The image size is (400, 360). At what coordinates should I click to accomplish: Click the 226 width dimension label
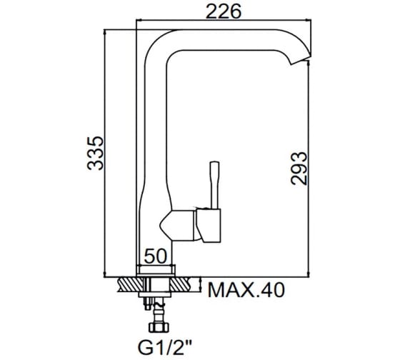[223, 11]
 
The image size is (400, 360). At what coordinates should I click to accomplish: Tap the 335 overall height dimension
[96, 153]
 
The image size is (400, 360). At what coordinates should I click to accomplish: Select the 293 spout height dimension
[299, 169]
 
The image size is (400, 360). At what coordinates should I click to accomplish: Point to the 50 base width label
[155, 256]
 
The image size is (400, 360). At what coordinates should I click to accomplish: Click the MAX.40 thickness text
[246, 290]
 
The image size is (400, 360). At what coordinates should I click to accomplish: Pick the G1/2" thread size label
[165, 347]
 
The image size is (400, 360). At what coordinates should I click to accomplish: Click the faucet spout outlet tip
[301, 60]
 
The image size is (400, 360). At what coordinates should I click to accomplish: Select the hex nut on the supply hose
[159, 328]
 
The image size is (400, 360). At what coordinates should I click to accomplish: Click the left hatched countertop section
[130, 284]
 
